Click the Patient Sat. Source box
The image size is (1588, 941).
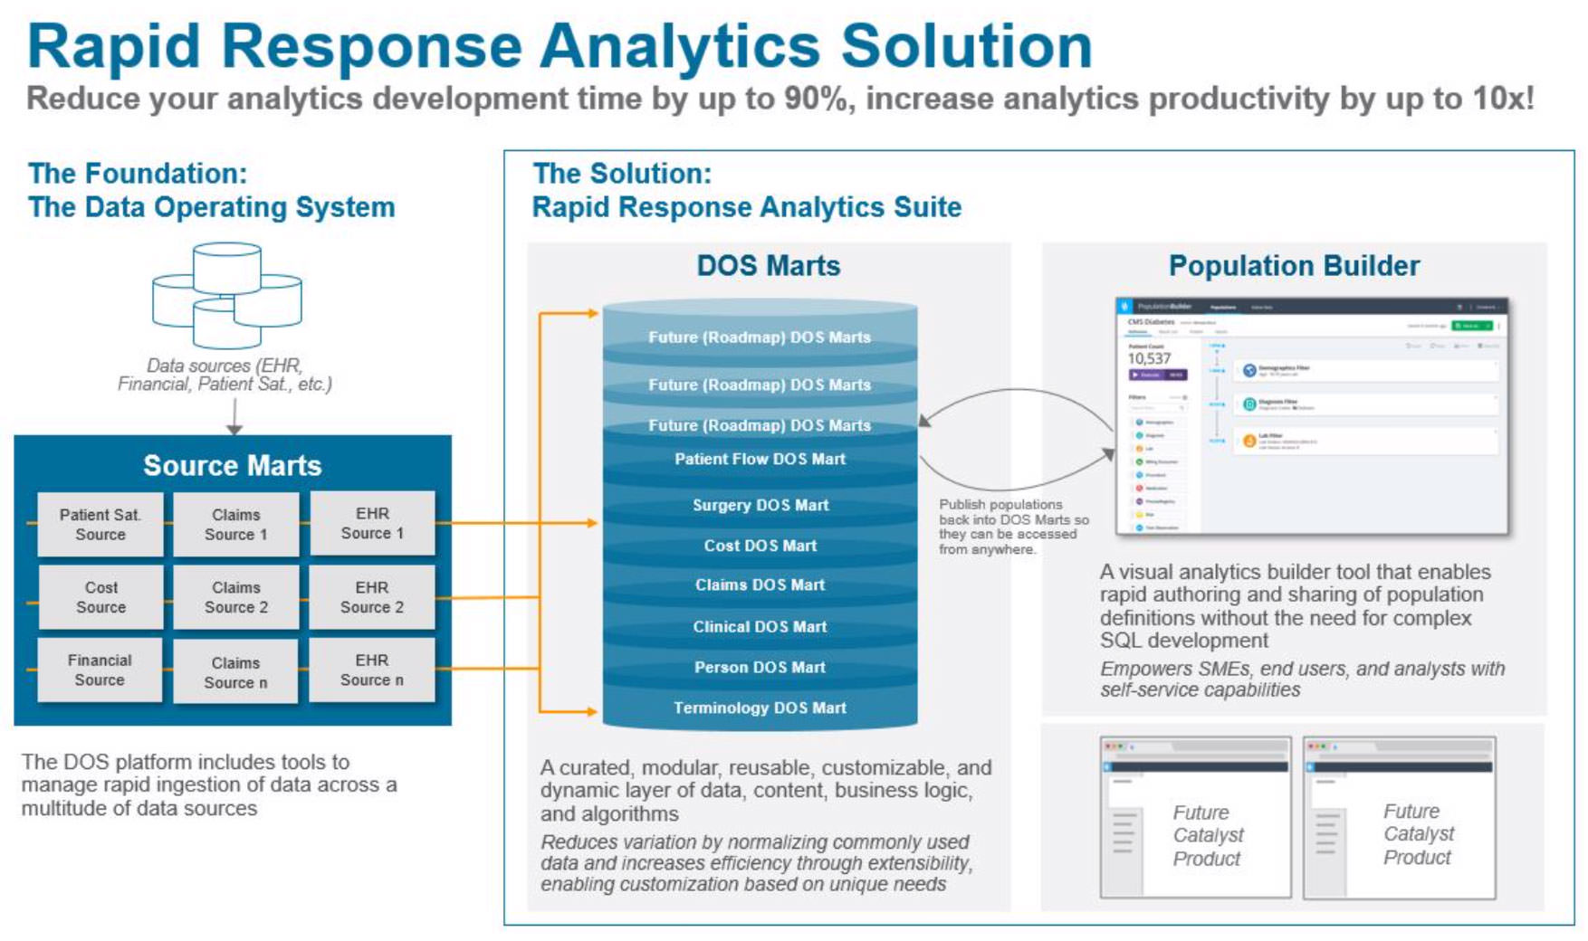click(100, 524)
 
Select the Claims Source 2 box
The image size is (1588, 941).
click(235, 597)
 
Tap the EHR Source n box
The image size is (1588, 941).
click(371, 670)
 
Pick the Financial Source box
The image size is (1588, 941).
click(100, 670)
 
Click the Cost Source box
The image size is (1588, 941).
click(100, 597)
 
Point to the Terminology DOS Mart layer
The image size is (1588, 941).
click(760, 708)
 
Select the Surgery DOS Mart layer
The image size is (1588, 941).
click(760, 505)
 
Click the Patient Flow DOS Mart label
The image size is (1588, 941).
click(760, 459)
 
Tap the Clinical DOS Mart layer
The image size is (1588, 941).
click(760, 626)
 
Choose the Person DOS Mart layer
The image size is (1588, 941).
click(760, 667)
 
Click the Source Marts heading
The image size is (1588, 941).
click(232, 465)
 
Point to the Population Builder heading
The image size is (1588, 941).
click(1294, 266)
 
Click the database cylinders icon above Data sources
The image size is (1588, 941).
click(227, 295)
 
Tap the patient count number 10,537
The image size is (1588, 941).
click(1149, 358)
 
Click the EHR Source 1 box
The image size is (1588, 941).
click(372, 524)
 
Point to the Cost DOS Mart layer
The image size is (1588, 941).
click(760, 546)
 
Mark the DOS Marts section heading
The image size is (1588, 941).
click(768, 266)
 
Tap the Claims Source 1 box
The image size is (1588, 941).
click(235, 525)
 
